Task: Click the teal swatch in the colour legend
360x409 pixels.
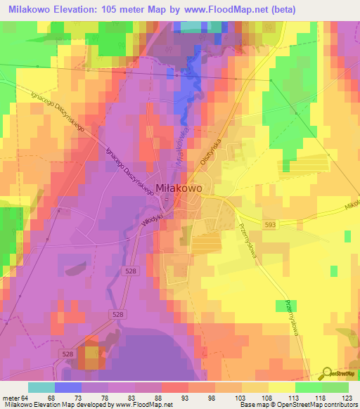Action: click(x=41, y=387)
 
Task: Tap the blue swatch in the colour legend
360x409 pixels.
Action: click(x=67, y=387)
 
